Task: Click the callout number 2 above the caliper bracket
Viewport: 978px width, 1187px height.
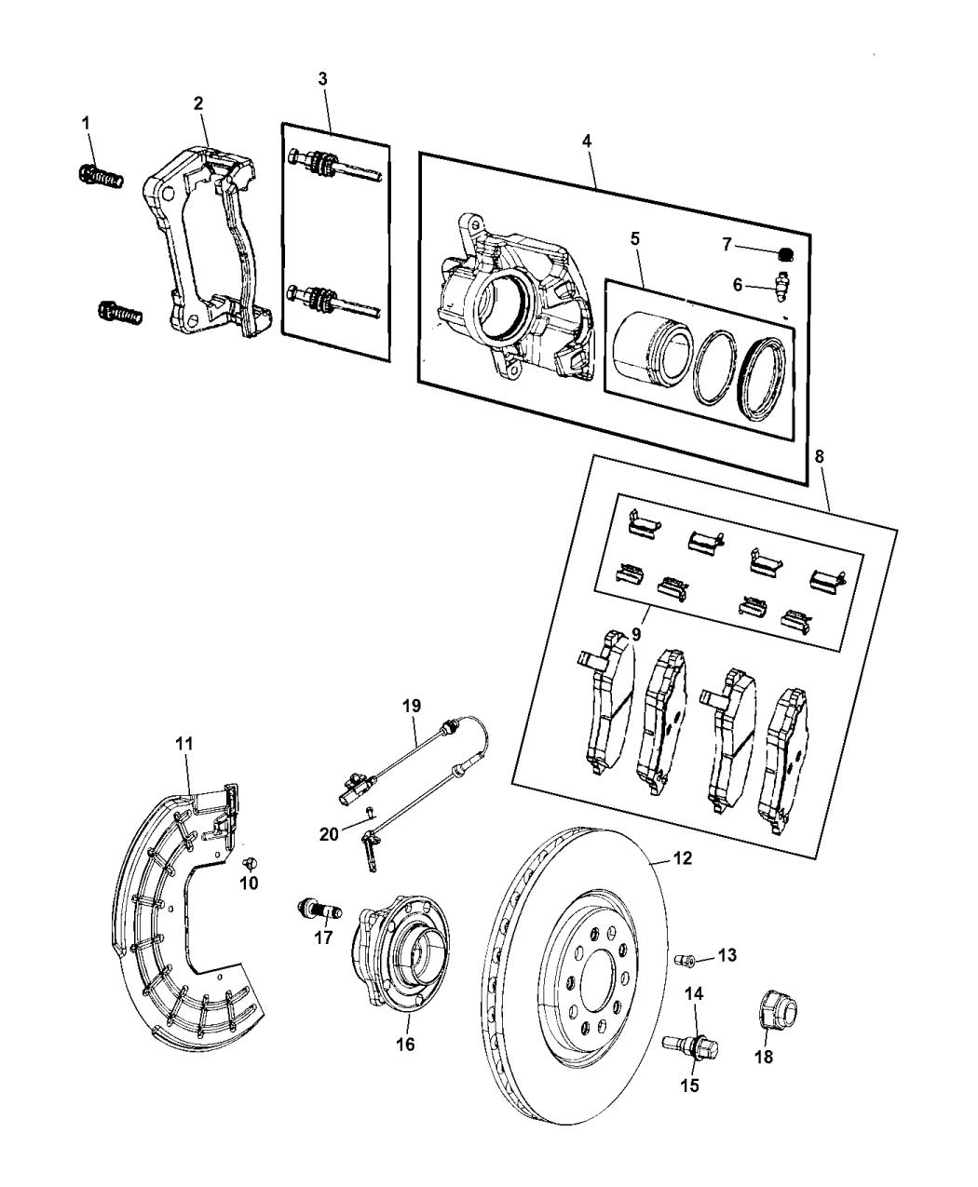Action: (198, 103)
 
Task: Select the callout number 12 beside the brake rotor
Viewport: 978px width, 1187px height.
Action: (682, 858)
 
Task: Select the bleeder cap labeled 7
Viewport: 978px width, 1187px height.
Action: (784, 249)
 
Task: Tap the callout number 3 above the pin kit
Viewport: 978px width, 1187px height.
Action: (323, 79)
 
